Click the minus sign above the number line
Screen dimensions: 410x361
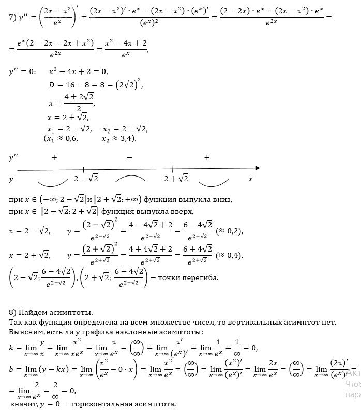click(129, 157)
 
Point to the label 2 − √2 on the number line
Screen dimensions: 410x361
click(86, 179)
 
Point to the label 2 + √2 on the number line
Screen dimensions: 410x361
click(176, 179)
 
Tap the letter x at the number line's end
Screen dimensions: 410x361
click(250, 179)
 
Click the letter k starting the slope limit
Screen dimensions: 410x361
click(12, 347)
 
